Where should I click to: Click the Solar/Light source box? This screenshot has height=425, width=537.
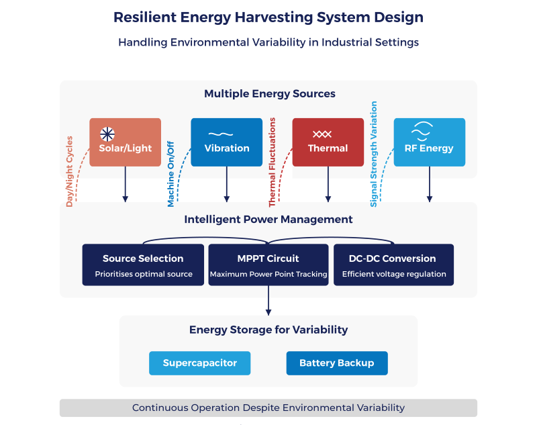(x=125, y=142)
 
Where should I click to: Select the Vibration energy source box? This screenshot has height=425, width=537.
(x=227, y=142)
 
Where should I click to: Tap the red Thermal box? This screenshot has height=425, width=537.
(x=328, y=142)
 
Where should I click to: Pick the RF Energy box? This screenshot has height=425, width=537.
(x=430, y=142)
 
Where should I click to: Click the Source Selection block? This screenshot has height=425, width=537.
(x=143, y=265)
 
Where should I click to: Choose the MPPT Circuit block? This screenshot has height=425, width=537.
(x=268, y=265)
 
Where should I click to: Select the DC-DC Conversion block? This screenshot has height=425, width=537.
(x=394, y=265)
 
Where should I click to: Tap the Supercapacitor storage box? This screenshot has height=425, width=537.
(x=199, y=363)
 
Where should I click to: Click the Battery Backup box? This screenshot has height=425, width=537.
(x=337, y=363)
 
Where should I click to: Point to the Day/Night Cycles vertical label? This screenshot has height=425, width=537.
(x=70, y=172)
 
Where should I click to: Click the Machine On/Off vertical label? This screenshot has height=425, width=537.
(x=171, y=175)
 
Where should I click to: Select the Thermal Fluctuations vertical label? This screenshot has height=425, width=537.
(x=273, y=162)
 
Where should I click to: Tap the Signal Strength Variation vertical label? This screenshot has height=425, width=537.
(x=374, y=154)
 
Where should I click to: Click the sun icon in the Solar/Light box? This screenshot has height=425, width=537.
(x=107, y=134)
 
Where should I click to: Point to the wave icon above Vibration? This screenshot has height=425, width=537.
(x=221, y=134)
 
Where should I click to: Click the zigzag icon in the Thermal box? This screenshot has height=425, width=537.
(x=322, y=134)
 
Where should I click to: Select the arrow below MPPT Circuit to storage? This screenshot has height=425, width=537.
(x=268, y=300)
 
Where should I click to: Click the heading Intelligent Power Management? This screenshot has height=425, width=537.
(x=268, y=220)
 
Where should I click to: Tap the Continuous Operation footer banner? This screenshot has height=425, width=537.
(x=268, y=408)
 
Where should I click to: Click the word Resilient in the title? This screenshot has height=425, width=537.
(x=145, y=17)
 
